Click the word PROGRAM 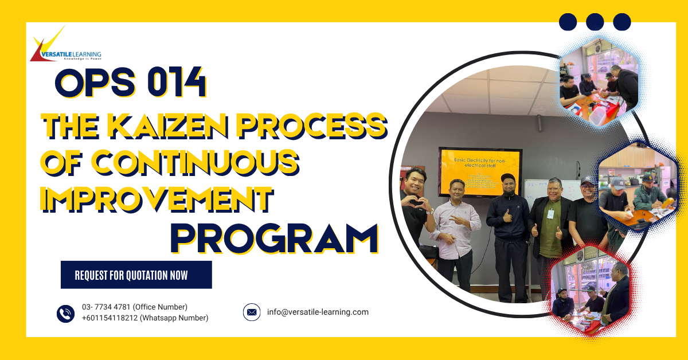tap(274, 238)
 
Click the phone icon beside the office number tap(66, 313)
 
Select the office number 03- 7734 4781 tap(108, 307)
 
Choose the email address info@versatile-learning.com tap(318, 312)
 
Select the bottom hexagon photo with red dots tap(590, 293)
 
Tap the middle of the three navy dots tap(595, 22)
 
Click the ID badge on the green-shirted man tap(550, 214)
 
